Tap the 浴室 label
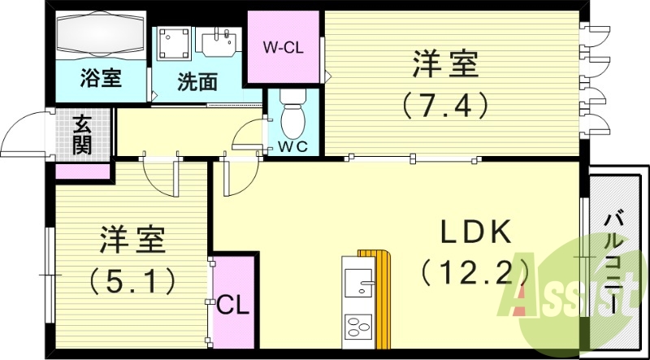click(100, 80)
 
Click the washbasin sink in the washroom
click(220, 42)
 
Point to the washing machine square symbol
click(174, 44)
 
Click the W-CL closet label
click(282, 46)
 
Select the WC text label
click(292, 147)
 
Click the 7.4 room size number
click(443, 103)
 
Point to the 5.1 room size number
click(133, 281)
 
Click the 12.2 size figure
click(476, 270)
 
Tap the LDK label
click(475, 234)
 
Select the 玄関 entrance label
click(82, 135)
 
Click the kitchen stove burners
click(357, 327)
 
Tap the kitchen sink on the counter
click(357, 282)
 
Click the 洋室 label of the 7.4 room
click(444, 65)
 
